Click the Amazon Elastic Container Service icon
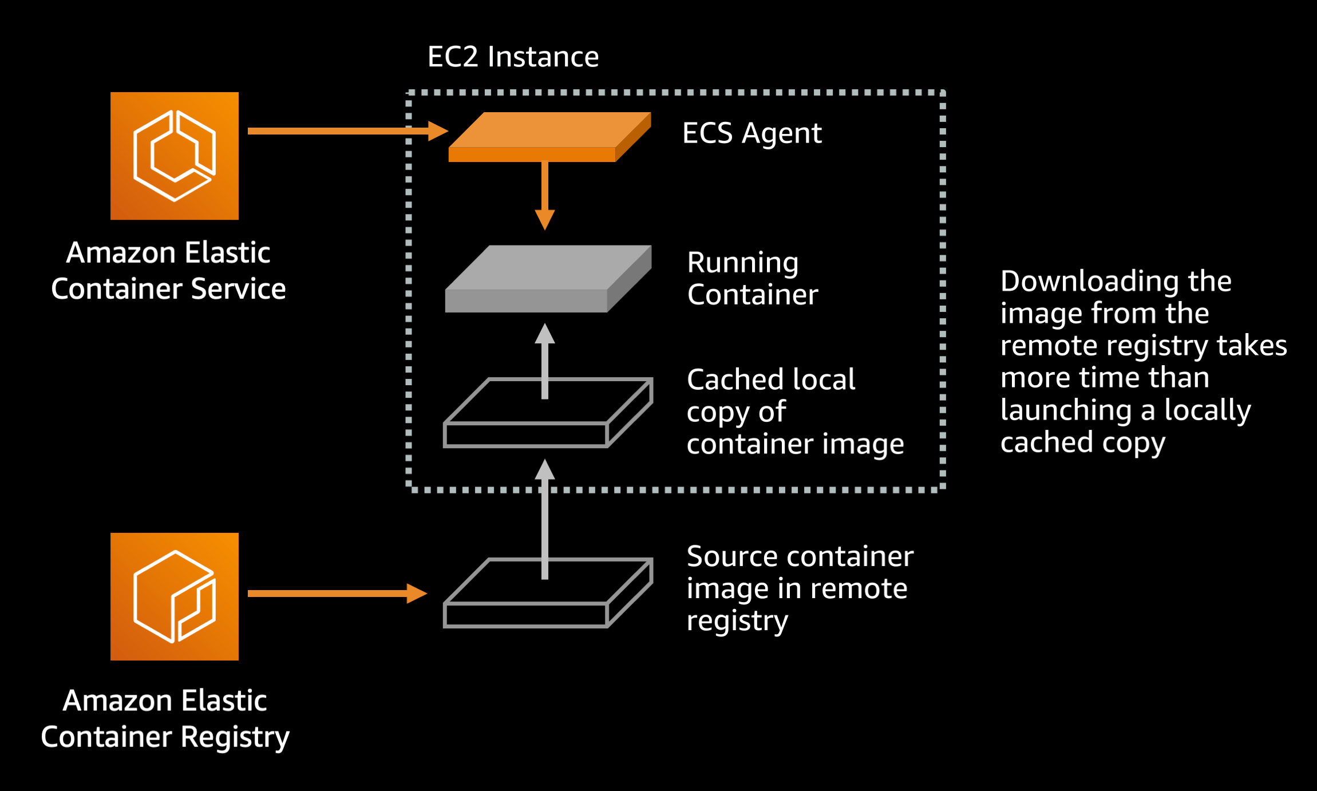174,156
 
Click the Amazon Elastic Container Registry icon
174,596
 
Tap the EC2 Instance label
513,57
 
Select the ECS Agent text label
752,133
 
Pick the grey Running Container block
548,279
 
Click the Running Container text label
752,279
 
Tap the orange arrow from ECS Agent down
544,195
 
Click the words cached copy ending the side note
1082,443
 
